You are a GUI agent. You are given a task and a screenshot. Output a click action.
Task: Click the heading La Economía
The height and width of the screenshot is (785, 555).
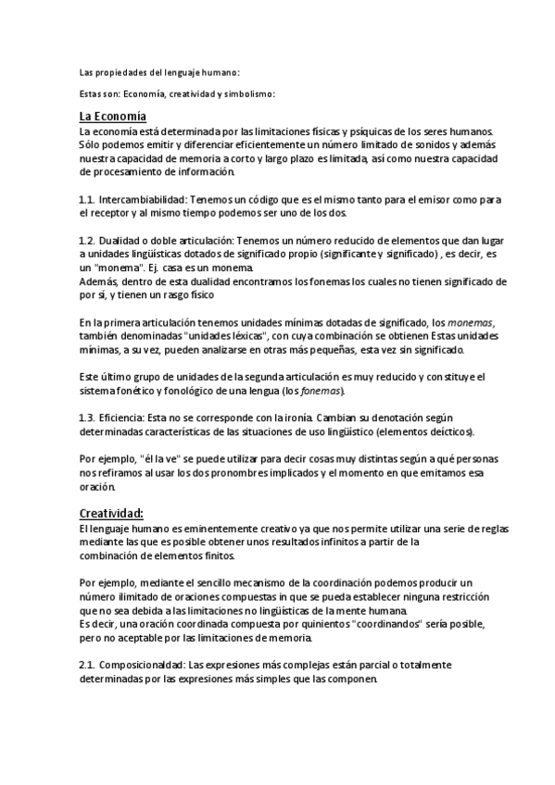point(113,117)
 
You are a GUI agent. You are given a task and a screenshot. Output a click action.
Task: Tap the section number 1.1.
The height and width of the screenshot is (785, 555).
point(87,200)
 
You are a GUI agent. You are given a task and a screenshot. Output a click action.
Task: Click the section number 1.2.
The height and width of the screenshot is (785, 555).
point(87,240)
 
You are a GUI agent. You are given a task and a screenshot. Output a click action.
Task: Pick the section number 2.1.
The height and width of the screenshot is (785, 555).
point(87,666)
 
